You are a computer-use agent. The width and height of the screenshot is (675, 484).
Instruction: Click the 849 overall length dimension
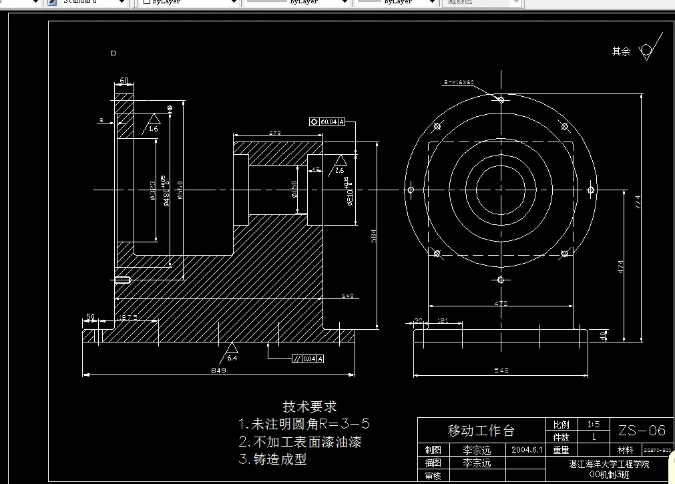pos(218,371)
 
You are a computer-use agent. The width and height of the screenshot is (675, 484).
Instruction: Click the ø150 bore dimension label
pos(294,190)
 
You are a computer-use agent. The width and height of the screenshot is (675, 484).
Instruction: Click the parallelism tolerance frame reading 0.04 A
pos(308,359)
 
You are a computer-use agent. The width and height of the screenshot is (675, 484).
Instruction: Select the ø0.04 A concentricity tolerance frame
pos(327,122)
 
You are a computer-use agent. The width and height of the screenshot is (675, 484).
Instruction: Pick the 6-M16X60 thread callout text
pos(459,82)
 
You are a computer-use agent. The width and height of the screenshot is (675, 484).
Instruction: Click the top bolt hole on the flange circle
pos(501,99)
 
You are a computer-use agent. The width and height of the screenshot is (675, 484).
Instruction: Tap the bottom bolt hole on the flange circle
pos(501,281)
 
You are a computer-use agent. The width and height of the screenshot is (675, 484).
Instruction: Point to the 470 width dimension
pos(501,304)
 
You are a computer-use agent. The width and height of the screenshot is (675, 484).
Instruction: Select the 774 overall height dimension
pos(638,200)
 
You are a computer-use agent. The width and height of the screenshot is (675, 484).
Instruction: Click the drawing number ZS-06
pos(642,430)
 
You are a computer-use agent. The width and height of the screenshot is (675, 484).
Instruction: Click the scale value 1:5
pos(593,424)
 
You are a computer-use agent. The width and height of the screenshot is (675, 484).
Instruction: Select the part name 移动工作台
pos(481,430)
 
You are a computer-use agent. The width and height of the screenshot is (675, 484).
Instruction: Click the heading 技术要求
pos(310,406)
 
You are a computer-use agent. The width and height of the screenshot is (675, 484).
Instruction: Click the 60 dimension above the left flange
pos(124,81)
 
